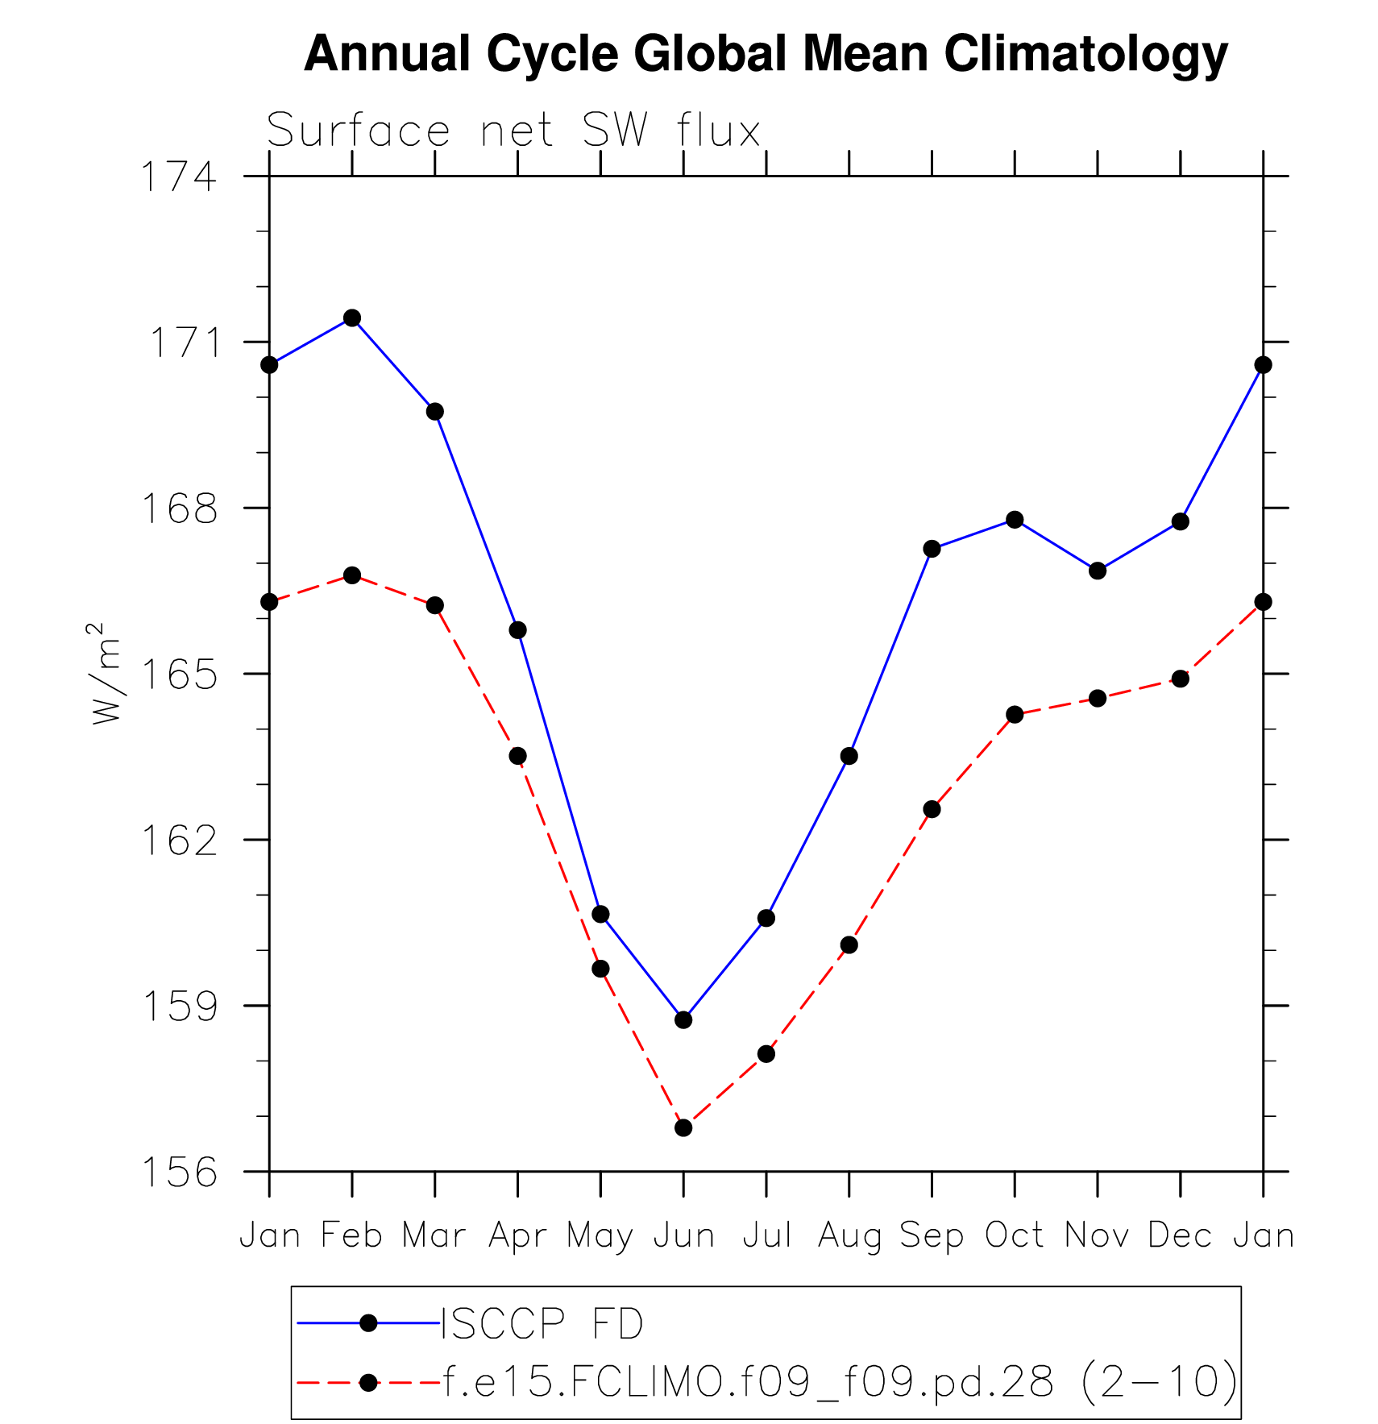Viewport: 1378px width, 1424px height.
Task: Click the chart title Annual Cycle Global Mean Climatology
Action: point(766,54)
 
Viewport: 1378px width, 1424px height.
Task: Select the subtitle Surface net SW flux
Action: point(513,131)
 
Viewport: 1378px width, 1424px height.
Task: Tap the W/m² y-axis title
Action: point(106,674)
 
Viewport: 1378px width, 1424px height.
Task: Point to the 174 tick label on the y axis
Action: point(179,177)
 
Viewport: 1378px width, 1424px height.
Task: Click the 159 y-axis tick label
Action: point(179,1007)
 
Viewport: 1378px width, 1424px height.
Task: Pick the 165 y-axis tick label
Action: point(179,675)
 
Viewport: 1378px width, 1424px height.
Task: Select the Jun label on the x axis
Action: point(683,1235)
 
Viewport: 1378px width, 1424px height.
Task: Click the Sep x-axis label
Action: point(932,1235)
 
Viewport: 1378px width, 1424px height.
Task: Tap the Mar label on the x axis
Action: point(434,1235)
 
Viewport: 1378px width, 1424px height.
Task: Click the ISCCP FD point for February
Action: point(352,318)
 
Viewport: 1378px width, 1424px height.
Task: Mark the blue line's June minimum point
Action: point(683,1019)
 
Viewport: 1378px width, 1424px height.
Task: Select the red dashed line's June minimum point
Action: point(683,1127)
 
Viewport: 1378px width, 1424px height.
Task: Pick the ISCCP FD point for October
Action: point(1015,520)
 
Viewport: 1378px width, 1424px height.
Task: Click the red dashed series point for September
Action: point(932,809)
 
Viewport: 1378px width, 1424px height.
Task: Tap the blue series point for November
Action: point(1098,571)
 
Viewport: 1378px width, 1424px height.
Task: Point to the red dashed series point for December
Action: point(1181,679)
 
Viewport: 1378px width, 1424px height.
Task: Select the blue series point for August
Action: point(849,756)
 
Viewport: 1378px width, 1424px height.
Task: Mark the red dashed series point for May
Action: point(600,969)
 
